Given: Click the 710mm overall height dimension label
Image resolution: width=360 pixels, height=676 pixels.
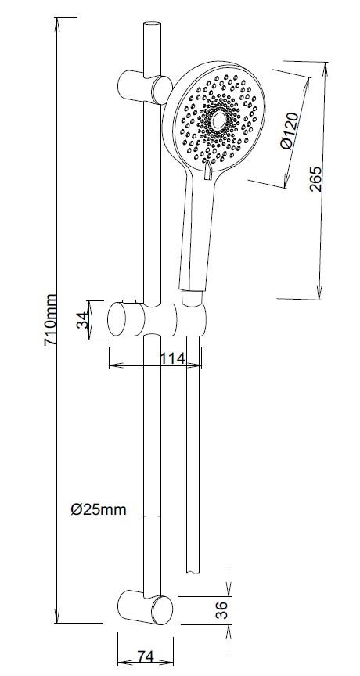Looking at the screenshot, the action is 50,319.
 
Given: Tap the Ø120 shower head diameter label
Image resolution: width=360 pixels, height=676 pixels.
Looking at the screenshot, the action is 289,131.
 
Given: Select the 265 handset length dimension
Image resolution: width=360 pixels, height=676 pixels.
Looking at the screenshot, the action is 316,178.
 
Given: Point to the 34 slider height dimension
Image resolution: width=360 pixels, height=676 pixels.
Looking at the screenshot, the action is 82,320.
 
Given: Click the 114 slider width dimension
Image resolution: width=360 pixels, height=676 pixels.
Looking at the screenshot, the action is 172,358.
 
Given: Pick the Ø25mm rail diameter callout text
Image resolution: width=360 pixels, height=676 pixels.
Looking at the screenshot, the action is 99,509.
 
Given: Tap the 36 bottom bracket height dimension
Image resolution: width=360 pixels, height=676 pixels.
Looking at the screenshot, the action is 221,610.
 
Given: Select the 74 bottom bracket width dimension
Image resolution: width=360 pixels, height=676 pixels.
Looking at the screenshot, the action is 146,656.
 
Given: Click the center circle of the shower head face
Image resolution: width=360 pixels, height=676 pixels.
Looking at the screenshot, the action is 218,121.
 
